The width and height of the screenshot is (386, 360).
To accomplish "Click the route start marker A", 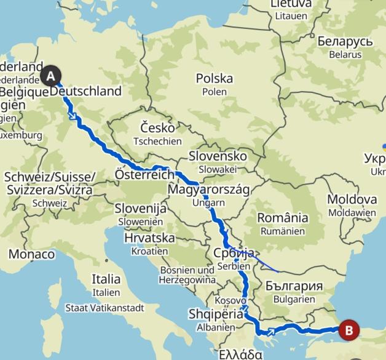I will (51, 76).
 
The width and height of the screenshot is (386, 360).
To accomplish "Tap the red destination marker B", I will (349, 330).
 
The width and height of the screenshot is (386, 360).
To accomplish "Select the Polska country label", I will (214, 79).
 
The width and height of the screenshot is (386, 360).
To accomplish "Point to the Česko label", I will (157, 128).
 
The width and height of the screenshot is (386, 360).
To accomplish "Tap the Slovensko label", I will (218, 156).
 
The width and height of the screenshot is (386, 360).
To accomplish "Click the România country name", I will (282, 218).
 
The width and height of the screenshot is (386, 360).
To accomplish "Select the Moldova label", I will (352, 199).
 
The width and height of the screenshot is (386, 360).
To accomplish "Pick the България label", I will (294, 286).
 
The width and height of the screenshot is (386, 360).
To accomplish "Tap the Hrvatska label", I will (149, 238).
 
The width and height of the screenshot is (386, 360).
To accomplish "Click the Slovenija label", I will (141, 209).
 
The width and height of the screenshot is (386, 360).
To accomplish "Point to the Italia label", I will (106, 279).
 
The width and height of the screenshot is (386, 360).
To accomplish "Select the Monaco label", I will (31, 254).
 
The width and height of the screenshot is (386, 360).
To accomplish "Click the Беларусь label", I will (345, 41).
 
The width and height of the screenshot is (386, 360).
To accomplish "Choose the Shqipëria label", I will (215, 314).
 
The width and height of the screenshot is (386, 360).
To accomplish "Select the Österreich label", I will (145, 175).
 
